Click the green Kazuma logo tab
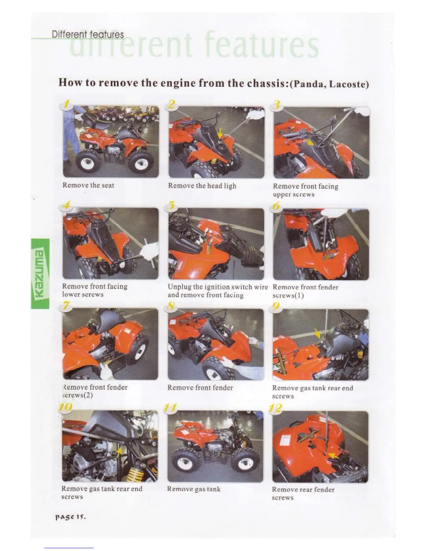pyautogui.click(x=40, y=274)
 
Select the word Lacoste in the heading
pyautogui.click(x=347, y=85)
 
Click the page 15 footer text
pyautogui.click(x=71, y=517)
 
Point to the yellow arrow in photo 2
pyautogui.click(x=220, y=133)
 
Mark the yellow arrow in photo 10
pyautogui.click(x=118, y=452)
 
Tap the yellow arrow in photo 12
pyautogui.click(x=333, y=456)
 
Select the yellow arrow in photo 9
pyautogui.click(x=317, y=333)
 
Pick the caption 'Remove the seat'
pyautogui.click(x=88, y=185)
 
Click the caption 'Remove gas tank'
pyautogui.click(x=194, y=489)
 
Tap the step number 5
pyautogui.click(x=172, y=206)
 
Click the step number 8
pyautogui.click(x=171, y=306)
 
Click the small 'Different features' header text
pyautogui.click(x=88, y=34)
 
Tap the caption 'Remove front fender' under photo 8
pyautogui.click(x=200, y=388)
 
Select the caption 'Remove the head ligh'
pyautogui.click(x=202, y=186)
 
